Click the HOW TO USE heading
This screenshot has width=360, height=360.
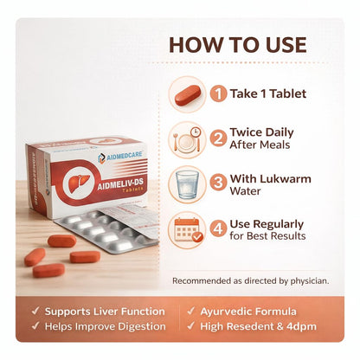(x=238, y=45)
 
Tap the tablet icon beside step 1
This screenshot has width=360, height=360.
(x=188, y=94)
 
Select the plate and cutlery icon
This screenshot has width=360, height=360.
(x=187, y=140)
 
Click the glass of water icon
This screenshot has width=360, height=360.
(x=187, y=185)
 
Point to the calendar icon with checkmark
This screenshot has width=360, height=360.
(x=188, y=230)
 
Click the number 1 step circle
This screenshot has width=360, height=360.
(x=218, y=93)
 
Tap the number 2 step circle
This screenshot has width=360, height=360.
(x=218, y=138)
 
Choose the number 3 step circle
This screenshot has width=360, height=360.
(x=218, y=183)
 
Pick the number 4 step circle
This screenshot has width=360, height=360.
(x=218, y=229)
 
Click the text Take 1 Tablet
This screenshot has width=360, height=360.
(x=268, y=93)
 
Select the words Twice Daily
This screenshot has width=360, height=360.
(x=261, y=132)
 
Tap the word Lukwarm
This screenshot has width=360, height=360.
(x=286, y=179)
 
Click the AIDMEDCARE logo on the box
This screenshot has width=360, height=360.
(x=120, y=156)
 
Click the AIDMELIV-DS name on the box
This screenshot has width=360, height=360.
(x=120, y=183)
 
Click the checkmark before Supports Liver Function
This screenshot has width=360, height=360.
(x=35, y=311)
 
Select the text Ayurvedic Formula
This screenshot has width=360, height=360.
(x=248, y=312)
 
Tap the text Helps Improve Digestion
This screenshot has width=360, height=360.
(x=106, y=326)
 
